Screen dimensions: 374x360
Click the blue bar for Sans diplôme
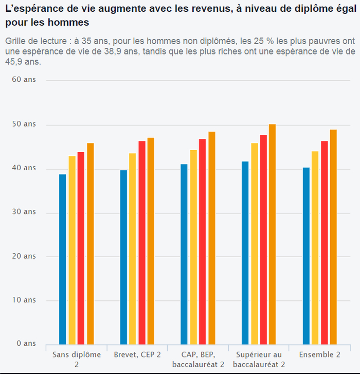[x=63, y=259]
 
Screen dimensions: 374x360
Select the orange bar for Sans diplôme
[x=91, y=244]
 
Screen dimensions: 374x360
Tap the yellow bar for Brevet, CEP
[x=133, y=249]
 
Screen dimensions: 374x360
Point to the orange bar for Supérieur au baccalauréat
[x=273, y=235]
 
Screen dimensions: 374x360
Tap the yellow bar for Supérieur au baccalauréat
[x=254, y=244]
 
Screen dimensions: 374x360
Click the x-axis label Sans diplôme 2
[x=76, y=359]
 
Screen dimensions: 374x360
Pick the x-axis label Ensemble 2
[x=319, y=354]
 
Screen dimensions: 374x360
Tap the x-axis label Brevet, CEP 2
[x=137, y=354]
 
